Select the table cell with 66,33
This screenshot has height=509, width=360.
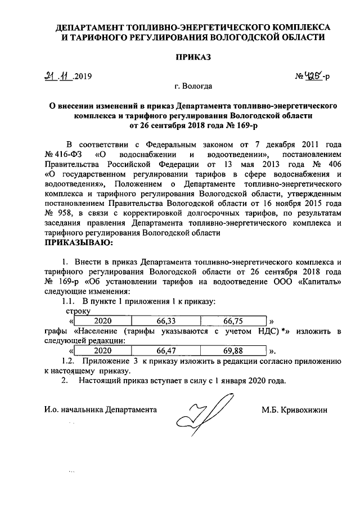pyautogui.click(x=166, y=321)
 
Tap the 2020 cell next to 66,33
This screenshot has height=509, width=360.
pyautogui.click(x=103, y=321)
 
